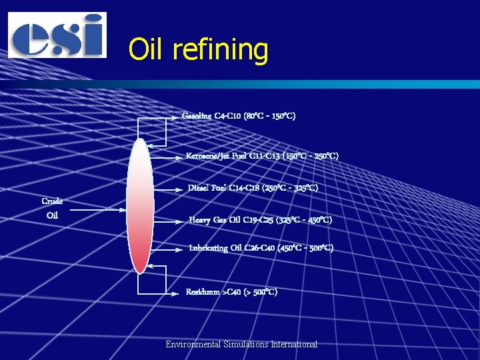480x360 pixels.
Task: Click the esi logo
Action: (57, 35)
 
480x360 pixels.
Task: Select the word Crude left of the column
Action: (52, 201)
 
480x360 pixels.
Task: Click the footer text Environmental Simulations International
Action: (241, 344)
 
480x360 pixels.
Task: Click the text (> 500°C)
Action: (261, 292)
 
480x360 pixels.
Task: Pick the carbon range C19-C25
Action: (251, 219)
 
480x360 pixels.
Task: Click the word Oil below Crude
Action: (52, 215)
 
